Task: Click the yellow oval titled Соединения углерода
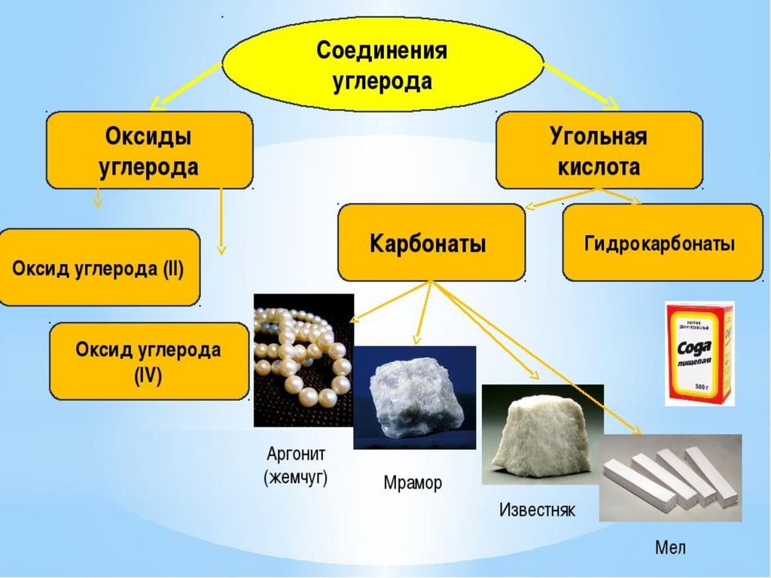click(382, 63)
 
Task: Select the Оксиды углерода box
click(149, 151)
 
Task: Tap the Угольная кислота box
click(599, 151)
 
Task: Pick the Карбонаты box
click(431, 243)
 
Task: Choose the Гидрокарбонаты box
click(662, 243)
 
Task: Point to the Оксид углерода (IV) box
click(148, 361)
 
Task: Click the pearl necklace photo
click(303, 360)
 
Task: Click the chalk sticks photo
click(670, 477)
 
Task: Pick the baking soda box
click(699, 353)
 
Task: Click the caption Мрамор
click(413, 482)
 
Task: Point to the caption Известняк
click(538, 510)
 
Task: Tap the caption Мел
click(670, 547)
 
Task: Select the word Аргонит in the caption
click(296, 455)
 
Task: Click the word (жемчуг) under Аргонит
click(296, 478)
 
